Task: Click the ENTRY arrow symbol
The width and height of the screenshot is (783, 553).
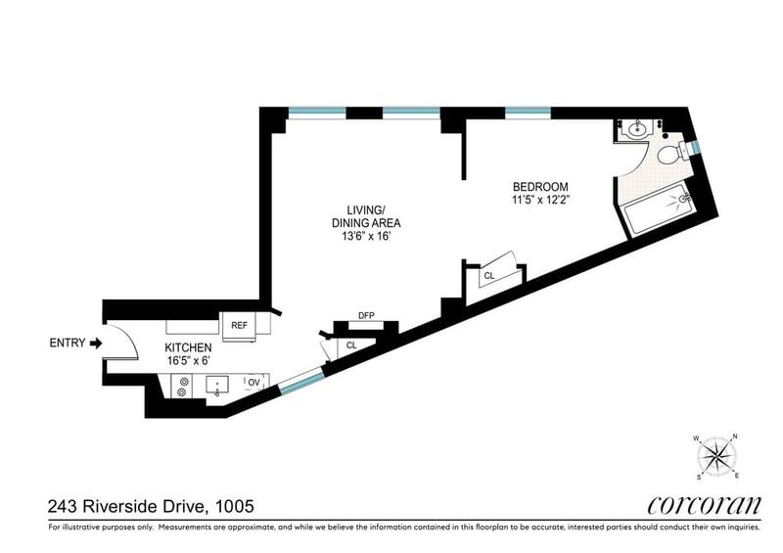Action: (x=96, y=344)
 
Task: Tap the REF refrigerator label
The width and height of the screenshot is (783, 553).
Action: (x=239, y=325)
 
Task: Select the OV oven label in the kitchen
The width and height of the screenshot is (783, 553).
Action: (x=254, y=383)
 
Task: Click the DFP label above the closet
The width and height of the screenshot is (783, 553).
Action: (x=366, y=316)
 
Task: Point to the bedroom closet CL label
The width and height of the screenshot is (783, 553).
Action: (x=488, y=275)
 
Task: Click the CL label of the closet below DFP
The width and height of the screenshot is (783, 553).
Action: (x=351, y=346)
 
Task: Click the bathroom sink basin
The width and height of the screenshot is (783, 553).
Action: (x=637, y=131)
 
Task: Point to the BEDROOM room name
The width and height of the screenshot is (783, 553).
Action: (x=540, y=187)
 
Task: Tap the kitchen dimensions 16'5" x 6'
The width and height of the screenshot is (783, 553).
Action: (x=187, y=361)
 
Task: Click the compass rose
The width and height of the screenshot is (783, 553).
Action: (x=716, y=456)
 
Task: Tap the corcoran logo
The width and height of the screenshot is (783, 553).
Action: (x=704, y=505)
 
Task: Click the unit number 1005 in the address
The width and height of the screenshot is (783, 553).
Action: (x=234, y=507)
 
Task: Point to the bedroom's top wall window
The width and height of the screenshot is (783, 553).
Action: (x=528, y=114)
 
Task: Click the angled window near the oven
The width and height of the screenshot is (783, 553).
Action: (x=301, y=381)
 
